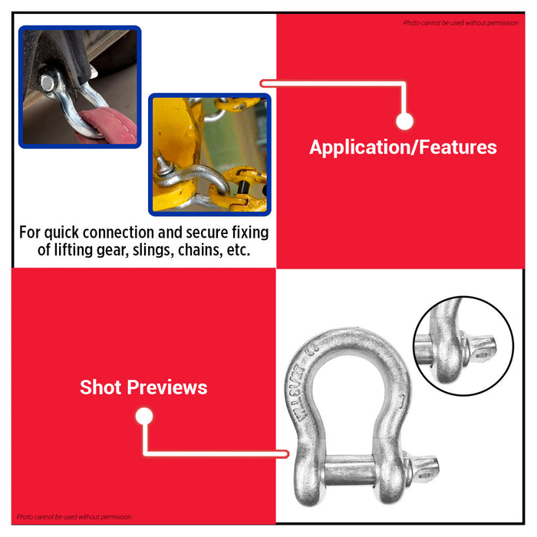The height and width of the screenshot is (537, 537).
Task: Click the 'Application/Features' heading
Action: [403, 147]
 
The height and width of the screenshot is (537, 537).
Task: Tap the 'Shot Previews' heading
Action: [143, 387]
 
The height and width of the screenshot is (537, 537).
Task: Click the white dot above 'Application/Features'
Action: [404, 120]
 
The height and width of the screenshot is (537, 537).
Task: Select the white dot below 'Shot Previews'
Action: [143, 417]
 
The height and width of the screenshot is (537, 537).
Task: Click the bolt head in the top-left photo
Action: [48, 81]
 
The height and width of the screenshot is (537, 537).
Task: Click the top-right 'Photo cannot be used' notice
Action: [461, 23]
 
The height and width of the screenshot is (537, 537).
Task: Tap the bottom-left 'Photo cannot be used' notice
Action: [74, 517]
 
